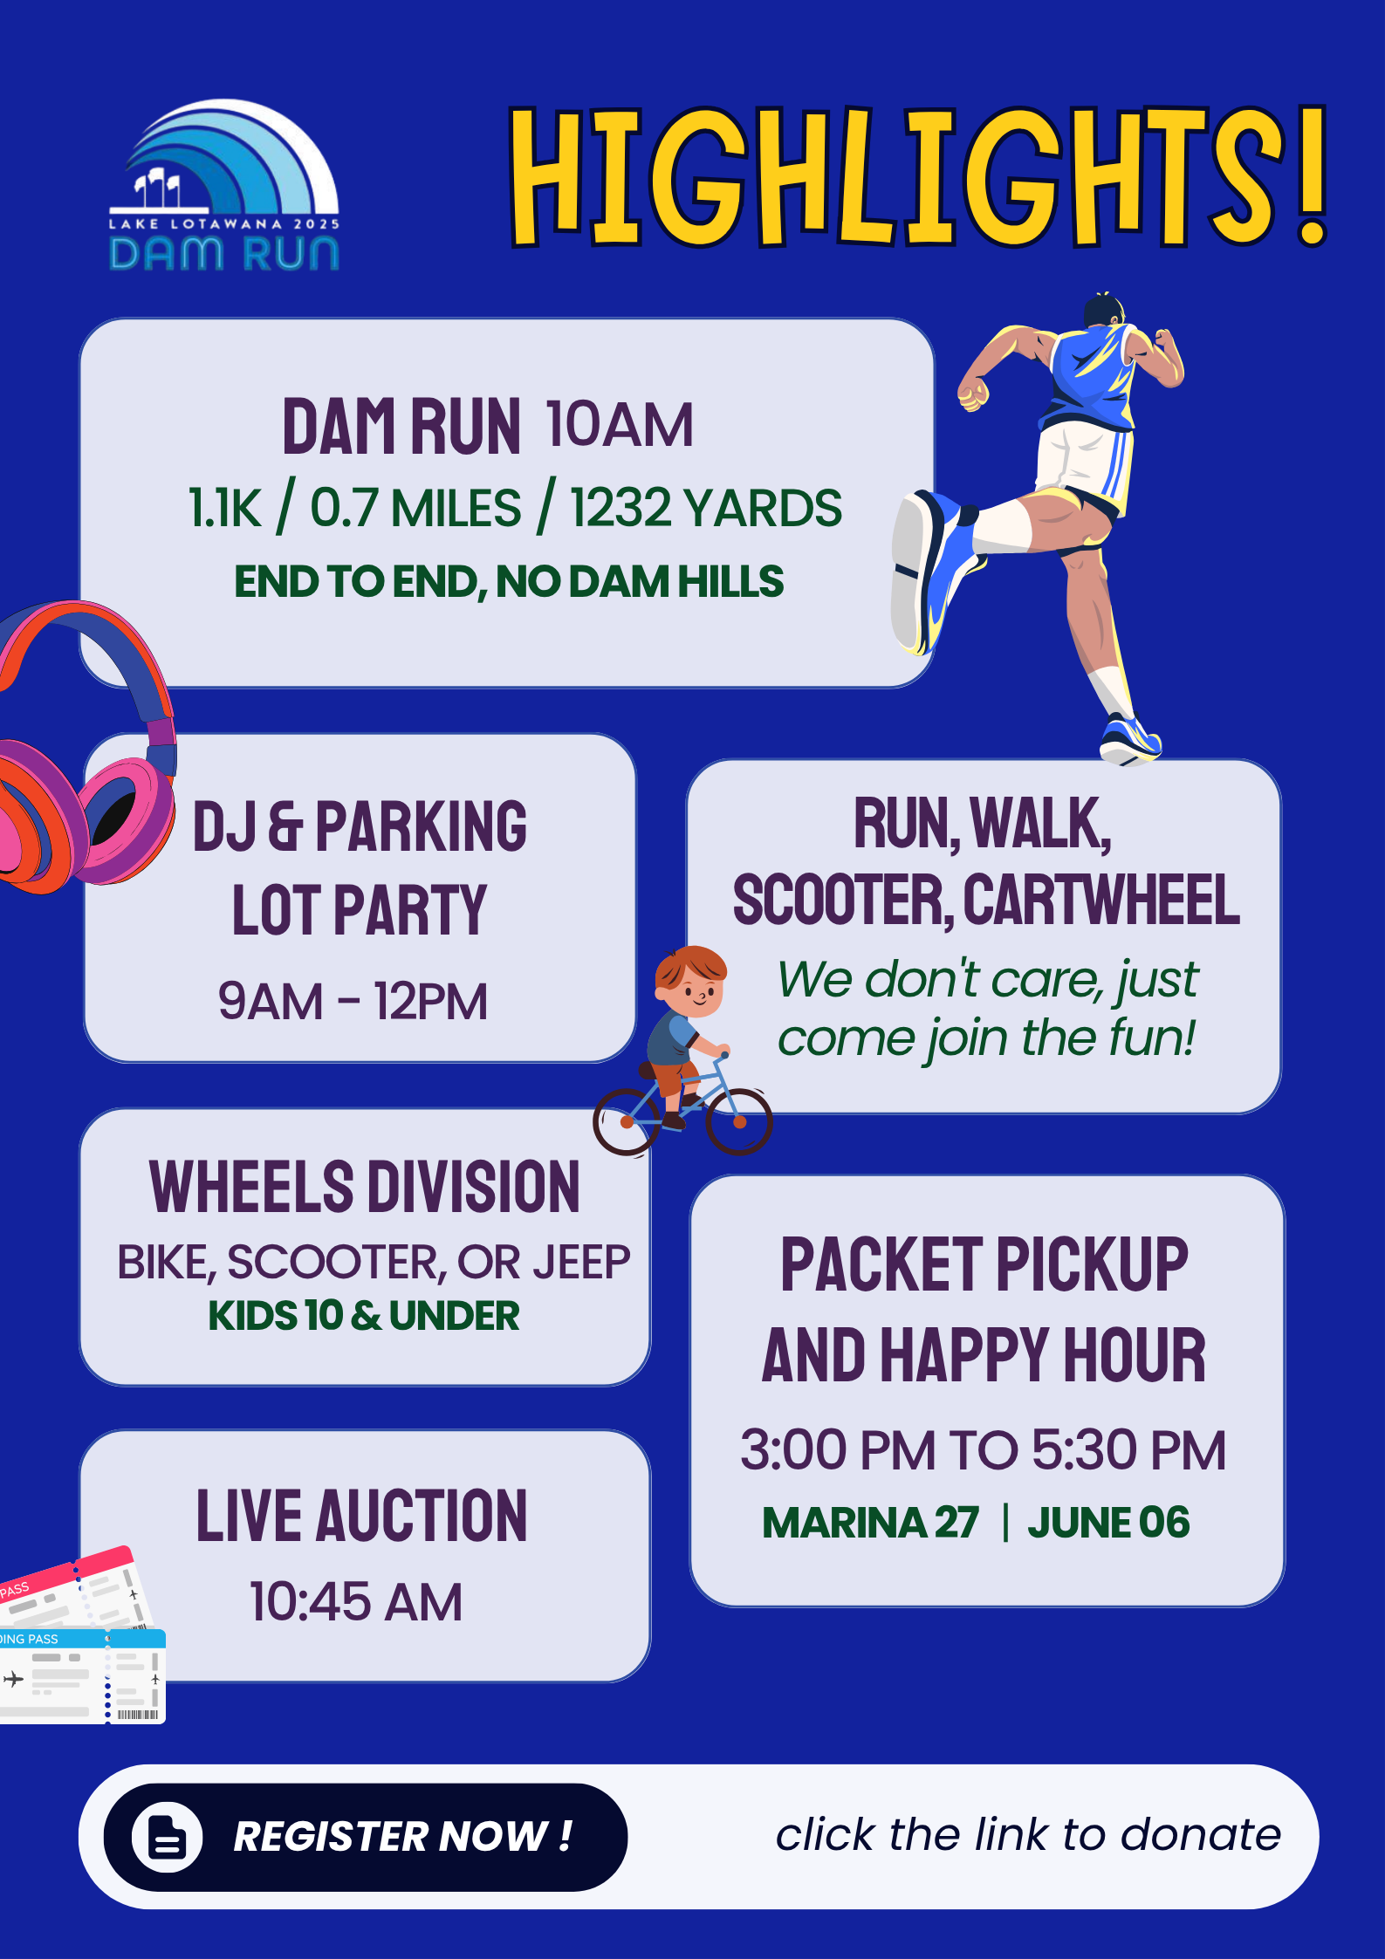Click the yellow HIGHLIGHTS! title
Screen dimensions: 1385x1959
(x=918, y=176)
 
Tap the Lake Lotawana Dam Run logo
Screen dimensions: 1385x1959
(x=224, y=185)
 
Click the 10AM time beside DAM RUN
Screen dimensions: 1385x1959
(x=620, y=426)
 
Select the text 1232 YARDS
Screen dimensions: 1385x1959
(x=705, y=508)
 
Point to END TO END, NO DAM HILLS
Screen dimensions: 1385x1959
(x=509, y=582)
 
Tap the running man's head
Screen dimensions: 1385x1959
(x=1104, y=312)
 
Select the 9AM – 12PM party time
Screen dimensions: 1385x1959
(x=353, y=1001)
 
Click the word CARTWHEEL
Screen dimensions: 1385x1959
(x=1101, y=900)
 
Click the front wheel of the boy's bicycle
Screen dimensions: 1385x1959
(x=738, y=1121)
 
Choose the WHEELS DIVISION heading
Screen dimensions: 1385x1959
(x=365, y=1188)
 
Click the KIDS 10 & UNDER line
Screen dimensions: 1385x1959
(x=363, y=1316)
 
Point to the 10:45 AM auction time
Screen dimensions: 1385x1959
(x=356, y=1602)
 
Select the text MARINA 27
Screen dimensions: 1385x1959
(x=871, y=1523)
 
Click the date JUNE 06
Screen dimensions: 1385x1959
(x=1108, y=1523)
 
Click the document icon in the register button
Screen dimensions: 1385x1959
(x=167, y=1837)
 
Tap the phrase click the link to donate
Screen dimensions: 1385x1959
(x=1028, y=1834)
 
